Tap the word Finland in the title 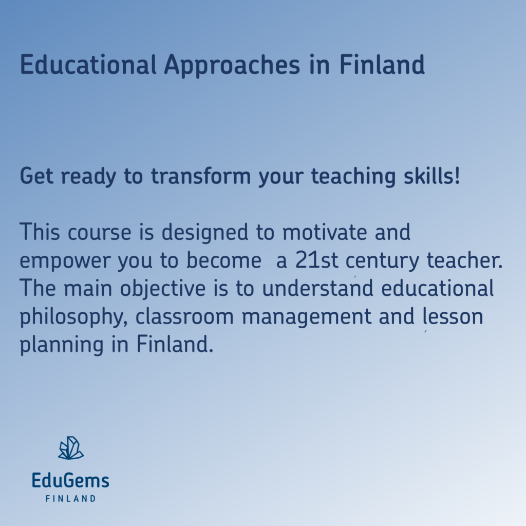coord(382,65)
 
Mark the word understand coord(317,289)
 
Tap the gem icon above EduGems coord(70,448)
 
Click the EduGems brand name coord(70,481)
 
